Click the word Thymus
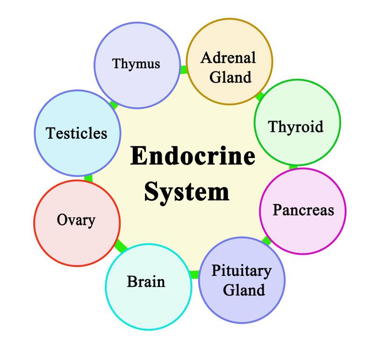coord(136,64)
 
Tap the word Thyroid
coord(295,126)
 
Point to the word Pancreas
coord(303,210)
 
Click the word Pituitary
coord(241,271)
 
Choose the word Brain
coord(146,282)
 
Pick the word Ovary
coord(76,219)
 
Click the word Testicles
coord(77,134)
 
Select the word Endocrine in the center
coord(193,156)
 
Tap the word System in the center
coord(187,191)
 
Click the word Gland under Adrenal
coord(230,77)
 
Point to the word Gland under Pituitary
coord(244,290)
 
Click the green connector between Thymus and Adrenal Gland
coord(183,70)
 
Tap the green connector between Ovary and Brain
coord(121,245)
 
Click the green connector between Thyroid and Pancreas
coord(293,166)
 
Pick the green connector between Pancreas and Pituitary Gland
coord(266,241)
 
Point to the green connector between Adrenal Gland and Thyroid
coord(260,97)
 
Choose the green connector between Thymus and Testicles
coord(114,104)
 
